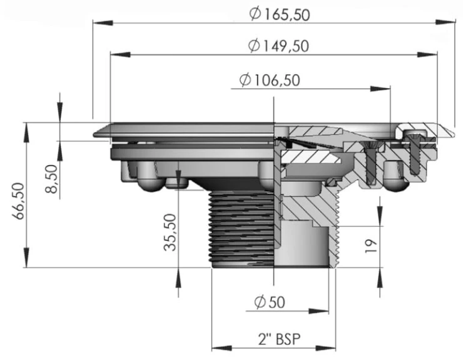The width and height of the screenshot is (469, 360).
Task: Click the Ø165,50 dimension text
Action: point(280,14)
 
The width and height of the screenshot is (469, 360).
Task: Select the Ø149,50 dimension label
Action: point(278,46)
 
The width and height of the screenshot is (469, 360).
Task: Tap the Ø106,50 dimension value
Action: point(270,80)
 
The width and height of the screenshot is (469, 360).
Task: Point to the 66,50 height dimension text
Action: point(19,201)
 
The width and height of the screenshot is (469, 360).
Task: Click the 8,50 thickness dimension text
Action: point(51,179)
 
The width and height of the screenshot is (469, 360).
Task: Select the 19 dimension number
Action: point(371,246)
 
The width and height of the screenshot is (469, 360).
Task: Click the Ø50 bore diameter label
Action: point(270,302)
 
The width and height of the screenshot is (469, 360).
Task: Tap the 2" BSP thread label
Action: point(279,339)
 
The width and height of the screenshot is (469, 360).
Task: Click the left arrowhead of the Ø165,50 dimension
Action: point(103,22)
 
